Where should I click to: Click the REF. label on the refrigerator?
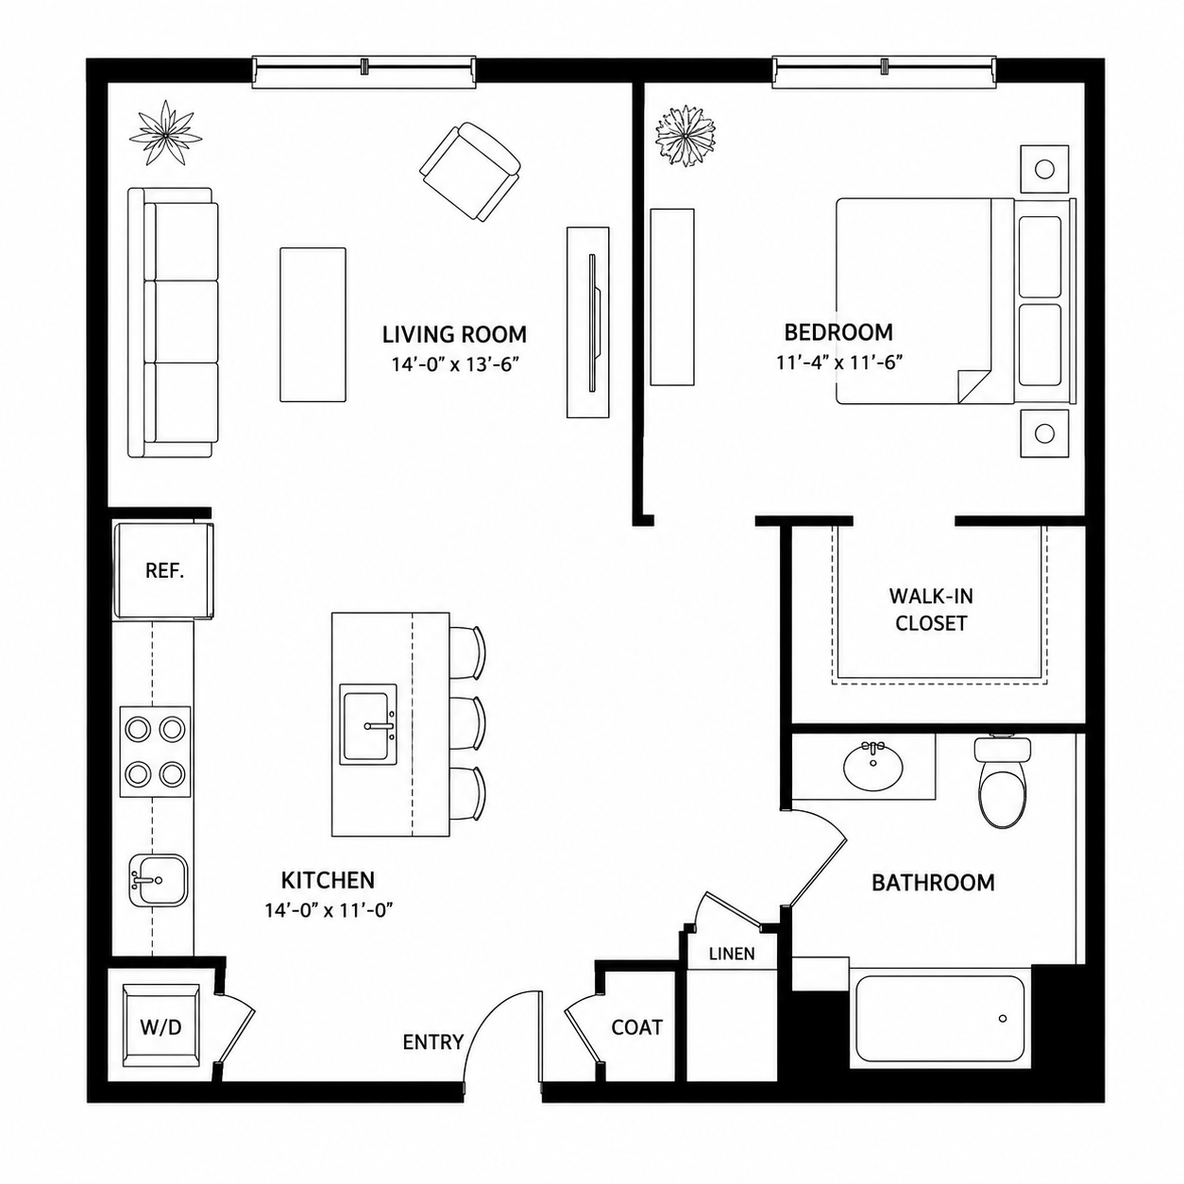(164, 571)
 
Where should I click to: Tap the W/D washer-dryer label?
(161, 1026)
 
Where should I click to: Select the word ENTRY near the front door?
(433, 1041)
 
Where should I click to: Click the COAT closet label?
(637, 1026)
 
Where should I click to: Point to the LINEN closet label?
(732, 953)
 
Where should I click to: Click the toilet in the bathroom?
(1002, 781)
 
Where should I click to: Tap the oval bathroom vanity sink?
(873, 766)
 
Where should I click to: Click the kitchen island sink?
(368, 725)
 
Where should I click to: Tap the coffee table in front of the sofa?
(313, 325)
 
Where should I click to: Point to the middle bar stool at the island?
(468, 722)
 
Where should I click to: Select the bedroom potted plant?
(685, 135)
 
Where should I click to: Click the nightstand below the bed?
(1044, 433)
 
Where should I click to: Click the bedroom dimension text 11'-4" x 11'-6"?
(838, 362)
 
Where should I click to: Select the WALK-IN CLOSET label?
(931, 609)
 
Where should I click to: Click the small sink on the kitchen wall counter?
(159, 880)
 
